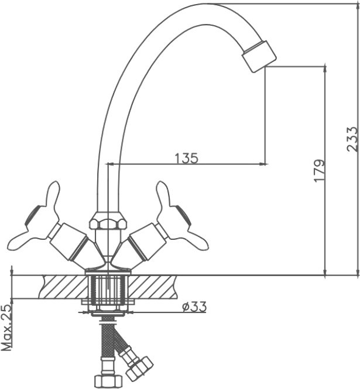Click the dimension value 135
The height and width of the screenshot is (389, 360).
point(187,159)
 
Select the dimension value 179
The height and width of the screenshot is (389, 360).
point(320,171)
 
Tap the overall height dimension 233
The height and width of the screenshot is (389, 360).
point(352,139)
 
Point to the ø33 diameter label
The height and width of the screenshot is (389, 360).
point(194,307)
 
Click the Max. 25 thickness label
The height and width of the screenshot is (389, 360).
point(6,327)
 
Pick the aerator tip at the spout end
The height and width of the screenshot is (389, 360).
point(259,56)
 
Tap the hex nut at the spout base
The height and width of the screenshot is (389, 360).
point(108,221)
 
